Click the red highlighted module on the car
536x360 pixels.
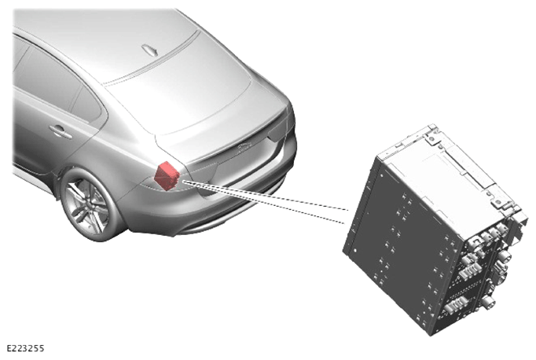point(167,176)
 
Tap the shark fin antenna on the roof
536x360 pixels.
point(150,50)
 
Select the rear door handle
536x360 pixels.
point(61,131)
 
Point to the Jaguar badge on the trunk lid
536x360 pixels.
point(244,147)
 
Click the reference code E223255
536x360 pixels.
point(26,348)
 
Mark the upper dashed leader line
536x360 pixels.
point(266,194)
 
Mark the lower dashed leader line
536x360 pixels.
point(263,202)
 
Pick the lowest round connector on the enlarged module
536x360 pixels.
point(489,302)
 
